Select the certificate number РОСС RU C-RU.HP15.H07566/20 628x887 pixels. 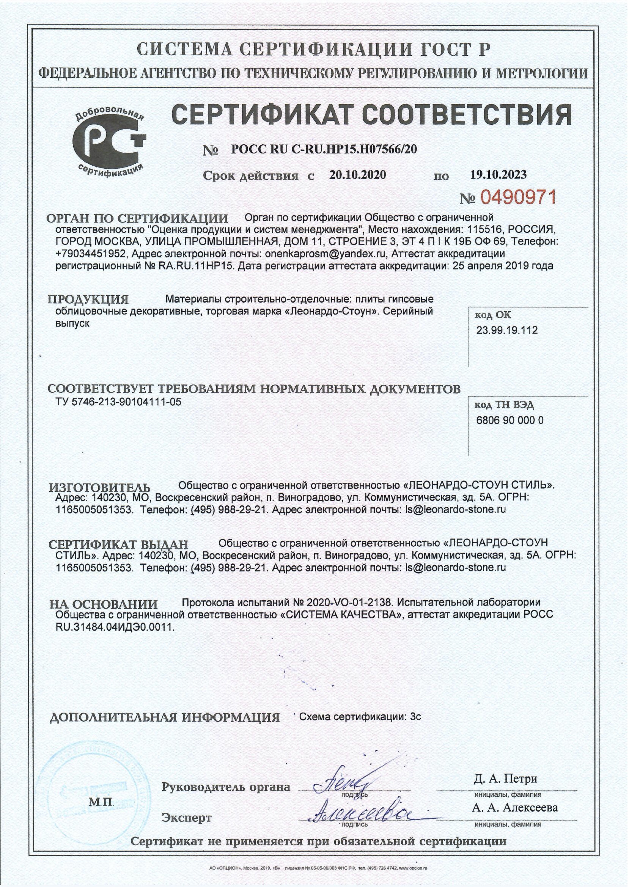[324, 149]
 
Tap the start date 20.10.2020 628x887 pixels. [357, 175]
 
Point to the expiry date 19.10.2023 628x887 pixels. [498, 175]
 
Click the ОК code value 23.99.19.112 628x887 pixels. [507, 330]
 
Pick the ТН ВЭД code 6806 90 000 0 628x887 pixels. [510, 420]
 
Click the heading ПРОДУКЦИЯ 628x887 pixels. [88, 300]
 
